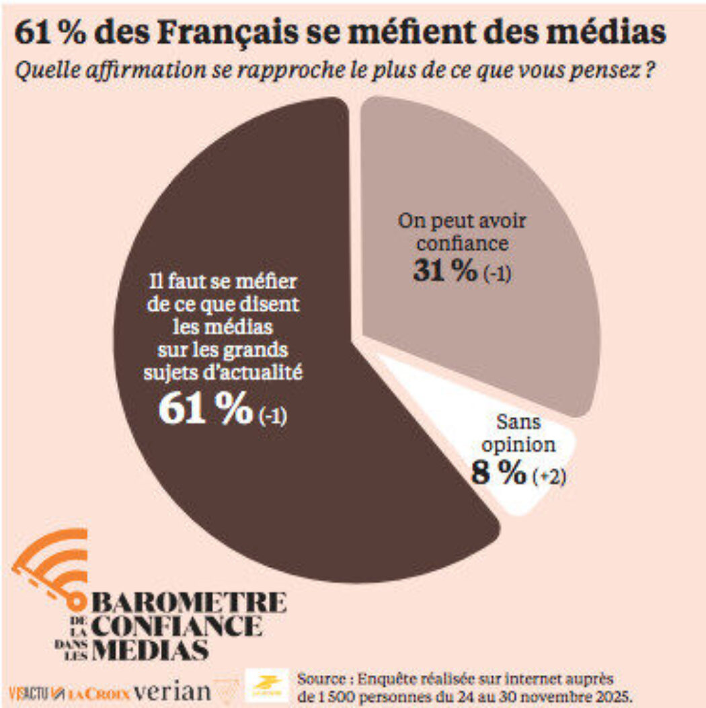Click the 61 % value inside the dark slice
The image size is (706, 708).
pos(204,410)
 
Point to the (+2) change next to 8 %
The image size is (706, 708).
pos(549,477)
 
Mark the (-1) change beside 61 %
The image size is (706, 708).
pos(273,416)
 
